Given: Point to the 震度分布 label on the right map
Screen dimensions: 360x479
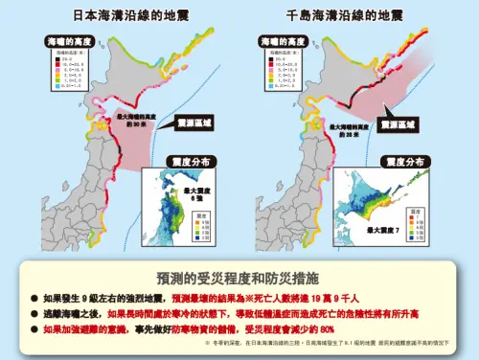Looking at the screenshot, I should pos(403,163).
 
